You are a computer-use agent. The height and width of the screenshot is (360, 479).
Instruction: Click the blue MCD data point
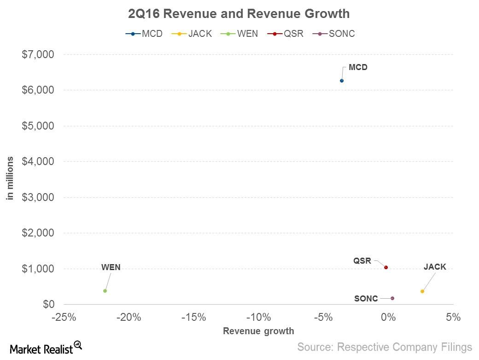(x=341, y=81)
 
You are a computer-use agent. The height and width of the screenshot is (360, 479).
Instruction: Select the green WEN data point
(x=105, y=291)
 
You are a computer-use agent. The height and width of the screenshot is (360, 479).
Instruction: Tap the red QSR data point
(x=386, y=267)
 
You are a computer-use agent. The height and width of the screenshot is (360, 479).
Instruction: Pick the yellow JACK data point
(x=422, y=291)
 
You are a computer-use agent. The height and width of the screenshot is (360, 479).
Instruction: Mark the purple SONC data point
(x=392, y=298)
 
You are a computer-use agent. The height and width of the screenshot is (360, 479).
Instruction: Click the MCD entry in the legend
(x=144, y=34)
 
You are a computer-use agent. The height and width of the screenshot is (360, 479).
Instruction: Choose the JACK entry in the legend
(x=193, y=34)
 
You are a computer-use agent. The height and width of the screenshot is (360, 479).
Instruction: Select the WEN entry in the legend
(x=242, y=34)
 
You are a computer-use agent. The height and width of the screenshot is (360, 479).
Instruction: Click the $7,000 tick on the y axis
(x=38, y=54)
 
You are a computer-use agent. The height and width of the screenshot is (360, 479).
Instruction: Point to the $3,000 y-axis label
(x=38, y=197)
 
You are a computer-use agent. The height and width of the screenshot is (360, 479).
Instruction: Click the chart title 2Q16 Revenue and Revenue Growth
(x=239, y=14)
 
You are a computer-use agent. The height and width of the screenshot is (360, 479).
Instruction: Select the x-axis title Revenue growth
(x=258, y=330)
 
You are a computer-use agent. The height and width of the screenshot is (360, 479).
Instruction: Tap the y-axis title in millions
(x=10, y=179)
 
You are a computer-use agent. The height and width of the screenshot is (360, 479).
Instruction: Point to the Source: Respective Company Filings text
(x=385, y=347)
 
